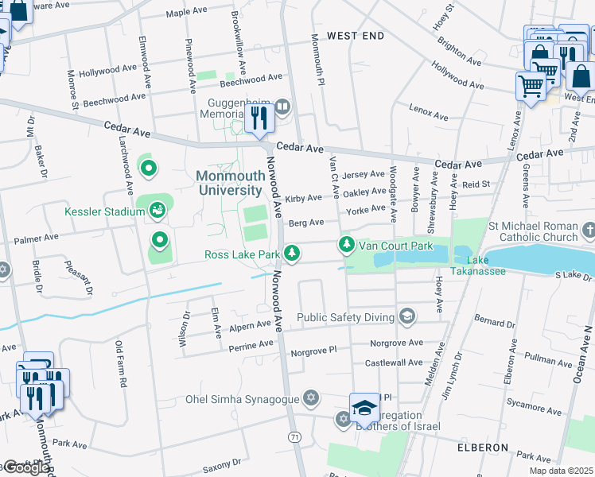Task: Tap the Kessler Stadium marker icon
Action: click(x=157, y=210)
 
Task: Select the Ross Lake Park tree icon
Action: click(x=294, y=254)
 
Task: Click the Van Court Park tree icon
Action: click(x=346, y=244)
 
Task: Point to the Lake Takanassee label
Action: click(x=488, y=266)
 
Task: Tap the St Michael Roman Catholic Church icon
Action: click(x=588, y=231)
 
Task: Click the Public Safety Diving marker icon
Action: click(x=407, y=317)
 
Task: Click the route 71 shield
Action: click(x=295, y=437)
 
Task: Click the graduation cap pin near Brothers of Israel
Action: click(x=364, y=409)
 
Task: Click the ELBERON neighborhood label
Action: click(x=482, y=448)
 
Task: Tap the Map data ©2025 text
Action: click(x=561, y=470)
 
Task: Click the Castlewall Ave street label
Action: click(x=394, y=363)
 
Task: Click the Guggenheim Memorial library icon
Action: click(x=282, y=106)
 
